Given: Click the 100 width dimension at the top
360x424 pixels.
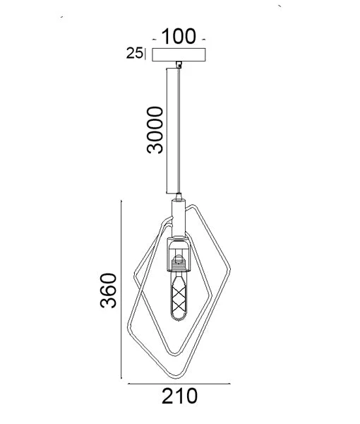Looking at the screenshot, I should (179, 36).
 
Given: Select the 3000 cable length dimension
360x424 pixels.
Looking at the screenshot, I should (155, 130).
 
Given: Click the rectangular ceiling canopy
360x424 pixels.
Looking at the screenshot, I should (179, 54).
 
